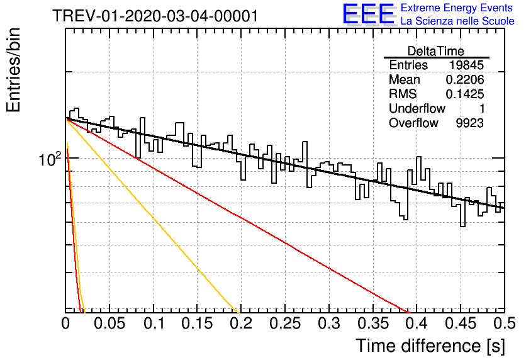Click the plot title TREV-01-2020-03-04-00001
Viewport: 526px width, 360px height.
155,16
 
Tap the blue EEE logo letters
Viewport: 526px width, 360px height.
368,14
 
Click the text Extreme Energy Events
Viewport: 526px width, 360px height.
457,8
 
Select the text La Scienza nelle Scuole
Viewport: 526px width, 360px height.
457,21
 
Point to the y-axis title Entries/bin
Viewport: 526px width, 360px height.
14,70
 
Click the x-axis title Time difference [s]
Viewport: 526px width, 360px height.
430,346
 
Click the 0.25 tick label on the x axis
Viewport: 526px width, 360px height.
285,323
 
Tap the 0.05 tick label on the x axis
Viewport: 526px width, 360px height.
109,323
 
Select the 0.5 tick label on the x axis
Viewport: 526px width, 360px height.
504,323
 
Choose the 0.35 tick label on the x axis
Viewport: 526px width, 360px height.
372,323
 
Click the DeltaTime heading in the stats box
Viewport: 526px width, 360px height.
436,51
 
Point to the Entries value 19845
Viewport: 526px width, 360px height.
467,65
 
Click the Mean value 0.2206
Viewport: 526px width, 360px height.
465,79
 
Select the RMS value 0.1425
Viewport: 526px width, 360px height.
465,94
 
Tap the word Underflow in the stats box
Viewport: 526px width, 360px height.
417,108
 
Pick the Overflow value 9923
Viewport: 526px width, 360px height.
469,123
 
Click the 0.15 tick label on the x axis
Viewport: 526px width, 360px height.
197,323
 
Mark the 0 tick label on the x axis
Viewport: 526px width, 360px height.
65,323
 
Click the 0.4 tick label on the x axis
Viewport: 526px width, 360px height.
417,323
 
